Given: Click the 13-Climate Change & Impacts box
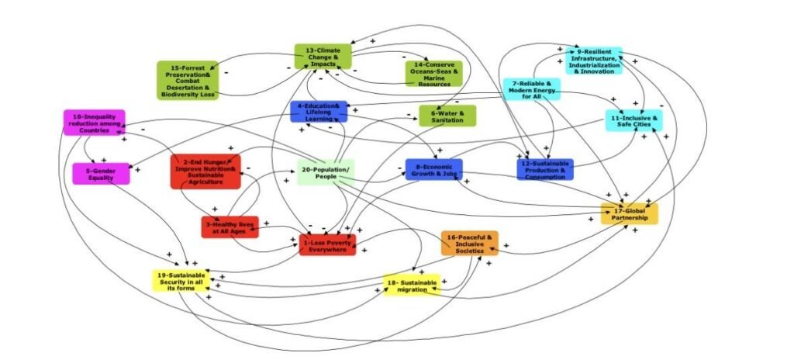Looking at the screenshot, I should (323, 56).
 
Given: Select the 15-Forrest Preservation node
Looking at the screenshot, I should (188, 80).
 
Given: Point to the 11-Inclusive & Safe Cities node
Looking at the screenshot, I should (633, 120).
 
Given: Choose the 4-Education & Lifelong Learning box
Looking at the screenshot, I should (319, 112).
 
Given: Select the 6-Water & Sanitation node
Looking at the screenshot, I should (447, 116).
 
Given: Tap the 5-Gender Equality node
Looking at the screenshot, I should (101, 174).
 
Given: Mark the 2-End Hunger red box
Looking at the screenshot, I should (205, 171).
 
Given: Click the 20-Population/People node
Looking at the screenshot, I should (325, 171).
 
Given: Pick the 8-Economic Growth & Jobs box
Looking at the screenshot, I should (433, 169).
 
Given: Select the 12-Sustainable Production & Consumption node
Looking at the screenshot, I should (544, 168).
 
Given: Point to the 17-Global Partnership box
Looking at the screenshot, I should (630, 213).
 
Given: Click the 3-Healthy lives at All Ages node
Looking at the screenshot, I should (230, 227).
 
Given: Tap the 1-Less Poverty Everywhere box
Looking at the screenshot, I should (328, 245).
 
